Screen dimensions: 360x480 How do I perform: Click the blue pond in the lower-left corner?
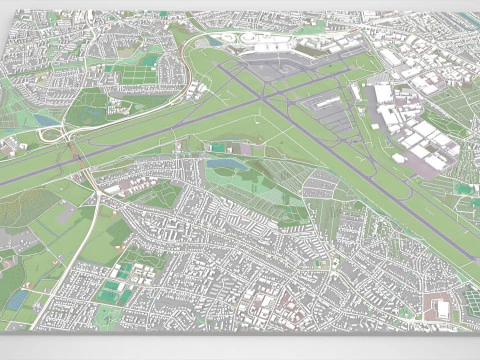pyautogui.click(x=16, y=299)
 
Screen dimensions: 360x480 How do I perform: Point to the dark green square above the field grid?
pyautogui.click(x=150, y=60)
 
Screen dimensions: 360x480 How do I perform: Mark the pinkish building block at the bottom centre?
pyautogui.click(x=262, y=305)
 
